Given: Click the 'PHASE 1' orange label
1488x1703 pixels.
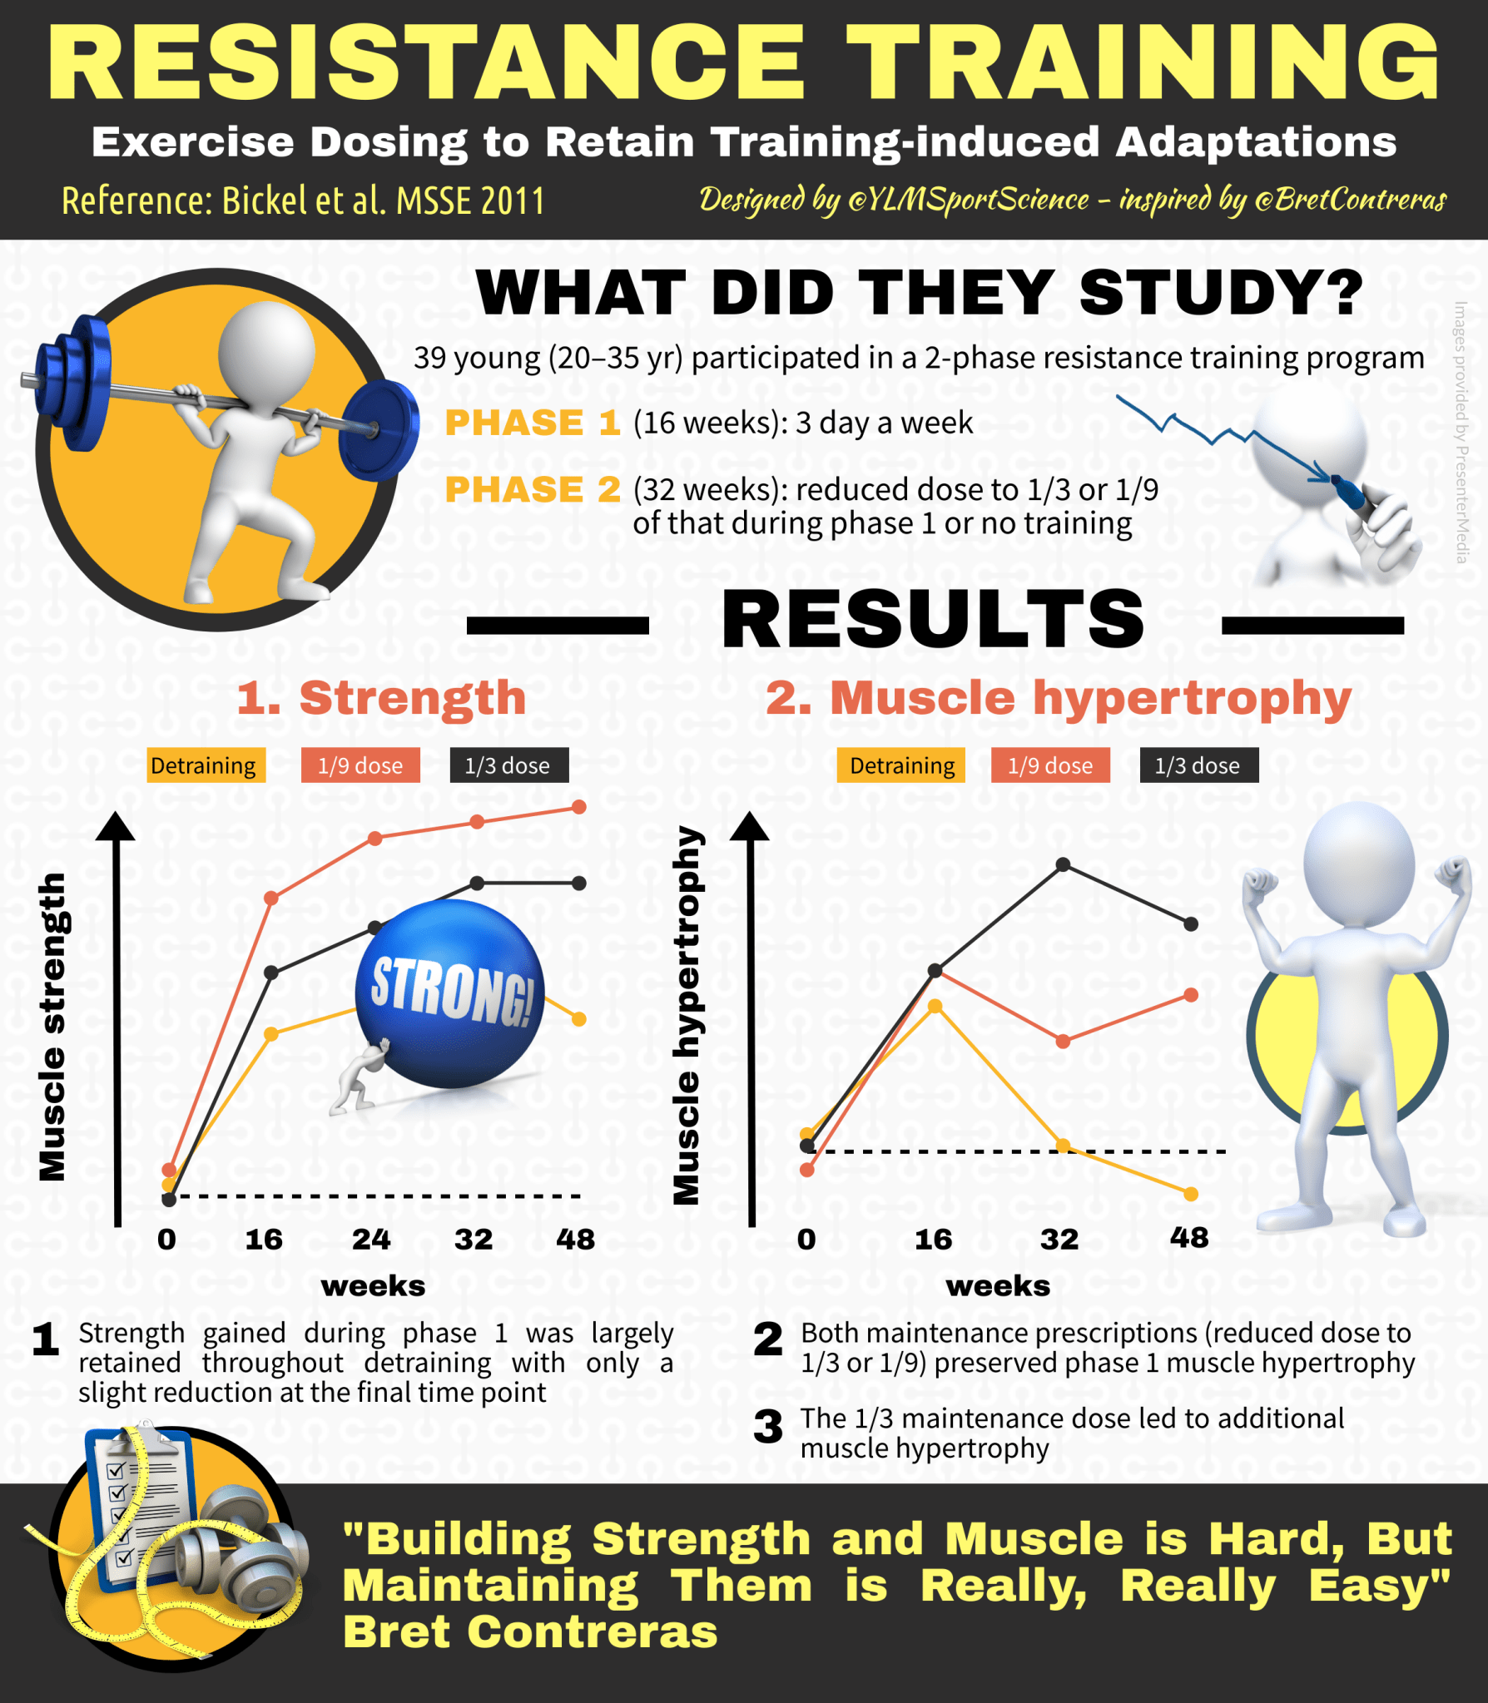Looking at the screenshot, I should pyautogui.click(x=533, y=423).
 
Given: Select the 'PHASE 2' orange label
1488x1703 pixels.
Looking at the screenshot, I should pyautogui.click(x=533, y=489).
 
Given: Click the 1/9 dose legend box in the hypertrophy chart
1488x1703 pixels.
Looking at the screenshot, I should pyautogui.click(x=1050, y=765).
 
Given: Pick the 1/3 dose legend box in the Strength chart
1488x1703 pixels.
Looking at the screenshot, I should pyautogui.click(x=508, y=765).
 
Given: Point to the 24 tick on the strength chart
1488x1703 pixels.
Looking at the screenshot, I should pyautogui.click(x=371, y=1239).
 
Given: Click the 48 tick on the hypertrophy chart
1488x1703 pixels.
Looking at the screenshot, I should pyautogui.click(x=1188, y=1237).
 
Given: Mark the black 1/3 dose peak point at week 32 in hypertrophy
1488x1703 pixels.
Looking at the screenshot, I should pyautogui.click(x=1063, y=865).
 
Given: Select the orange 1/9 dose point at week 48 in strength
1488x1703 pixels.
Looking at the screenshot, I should pyautogui.click(x=579, y=807).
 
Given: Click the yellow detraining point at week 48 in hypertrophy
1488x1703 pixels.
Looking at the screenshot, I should pyautogui.click(x=1191, y=1194).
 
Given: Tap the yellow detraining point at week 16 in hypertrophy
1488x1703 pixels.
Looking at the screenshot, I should pyautogui.click(x=935, y=1007).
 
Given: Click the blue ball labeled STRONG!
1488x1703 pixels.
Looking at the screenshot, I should pyautogui.click(x=449, y=994).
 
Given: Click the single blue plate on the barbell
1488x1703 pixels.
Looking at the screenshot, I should pyautogui.click(x=379, y=430).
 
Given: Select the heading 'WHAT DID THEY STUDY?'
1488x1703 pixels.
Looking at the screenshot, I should pyautogui.click(x=919, y=293).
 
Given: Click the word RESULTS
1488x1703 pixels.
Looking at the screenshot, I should pyautogui.click(x=934, y=619).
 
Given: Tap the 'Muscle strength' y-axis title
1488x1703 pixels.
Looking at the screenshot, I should pyautogui.click(x=52, y=1027).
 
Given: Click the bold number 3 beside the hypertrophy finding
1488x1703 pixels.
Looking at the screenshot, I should pyautogui.click(x=767, y=1427).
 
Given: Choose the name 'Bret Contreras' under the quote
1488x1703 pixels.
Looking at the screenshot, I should pyautogui.click(x=530, y=1631).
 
